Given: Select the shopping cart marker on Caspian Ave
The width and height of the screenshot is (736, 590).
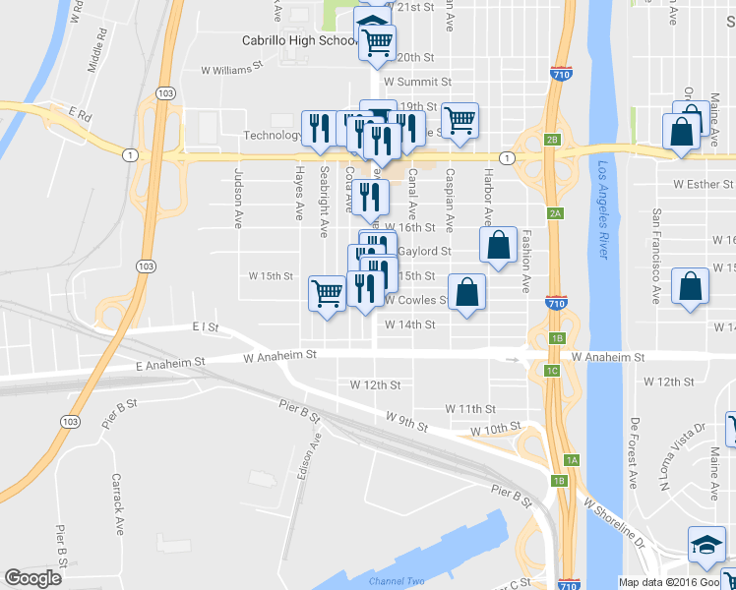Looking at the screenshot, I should point(460,121).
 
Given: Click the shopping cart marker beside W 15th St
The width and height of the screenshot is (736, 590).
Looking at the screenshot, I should point(327,292).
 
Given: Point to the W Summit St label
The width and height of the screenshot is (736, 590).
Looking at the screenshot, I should point(417,82).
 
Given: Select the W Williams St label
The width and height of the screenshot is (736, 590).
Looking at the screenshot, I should point(233,70).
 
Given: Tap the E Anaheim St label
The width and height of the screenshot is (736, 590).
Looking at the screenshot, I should point(168,363).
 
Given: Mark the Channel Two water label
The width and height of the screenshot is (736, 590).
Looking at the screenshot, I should point(397,581).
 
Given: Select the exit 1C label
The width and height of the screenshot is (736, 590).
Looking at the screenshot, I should point(552,370).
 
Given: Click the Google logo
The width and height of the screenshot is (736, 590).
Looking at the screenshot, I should point(33,577).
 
